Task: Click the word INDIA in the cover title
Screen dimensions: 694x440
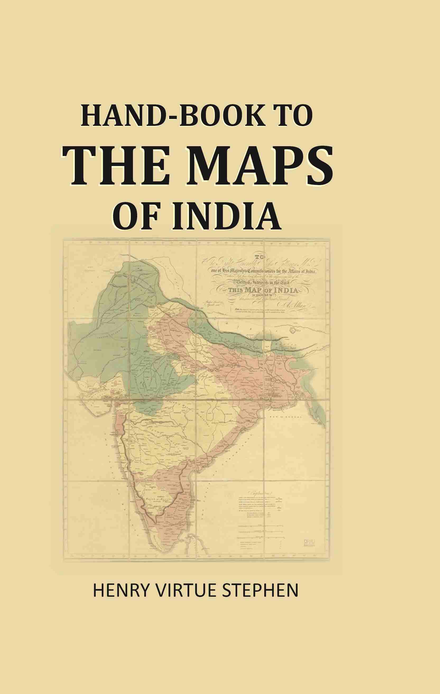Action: [226, 217]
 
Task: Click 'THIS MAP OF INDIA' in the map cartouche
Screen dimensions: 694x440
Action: [263, 290]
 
